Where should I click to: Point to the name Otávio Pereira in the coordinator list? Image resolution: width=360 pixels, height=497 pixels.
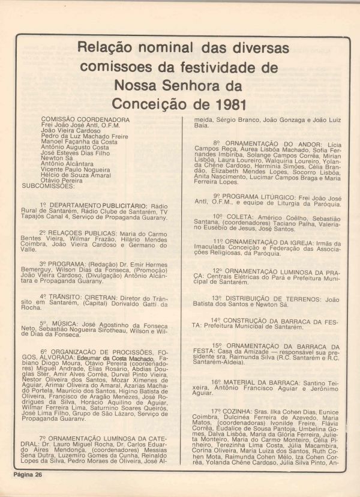(62, 179)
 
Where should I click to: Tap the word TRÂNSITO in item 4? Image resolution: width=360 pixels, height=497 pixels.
(67, 296)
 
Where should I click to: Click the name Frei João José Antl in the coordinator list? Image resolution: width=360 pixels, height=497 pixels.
(74, 125)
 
